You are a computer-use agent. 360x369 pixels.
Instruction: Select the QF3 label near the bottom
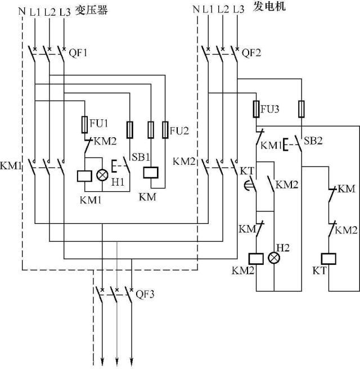coord(145,292)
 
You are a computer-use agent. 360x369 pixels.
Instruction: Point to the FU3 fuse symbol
coord(257,109)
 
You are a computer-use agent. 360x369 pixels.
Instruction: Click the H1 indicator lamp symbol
coord(102,175)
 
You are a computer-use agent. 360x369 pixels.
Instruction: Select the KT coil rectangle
coord(328,258)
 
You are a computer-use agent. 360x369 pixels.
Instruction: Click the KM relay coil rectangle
coord(151,173)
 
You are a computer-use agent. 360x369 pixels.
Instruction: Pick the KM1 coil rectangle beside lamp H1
coord(84,175)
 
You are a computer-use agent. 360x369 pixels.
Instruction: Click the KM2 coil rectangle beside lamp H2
coord(257,258)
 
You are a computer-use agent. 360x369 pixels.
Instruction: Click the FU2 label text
coord(180,132)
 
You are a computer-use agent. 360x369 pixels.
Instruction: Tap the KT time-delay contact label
coord(247,170)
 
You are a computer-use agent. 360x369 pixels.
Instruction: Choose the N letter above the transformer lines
coord(21,10)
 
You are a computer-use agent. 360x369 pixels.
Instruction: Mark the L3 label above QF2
coord(238,10)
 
